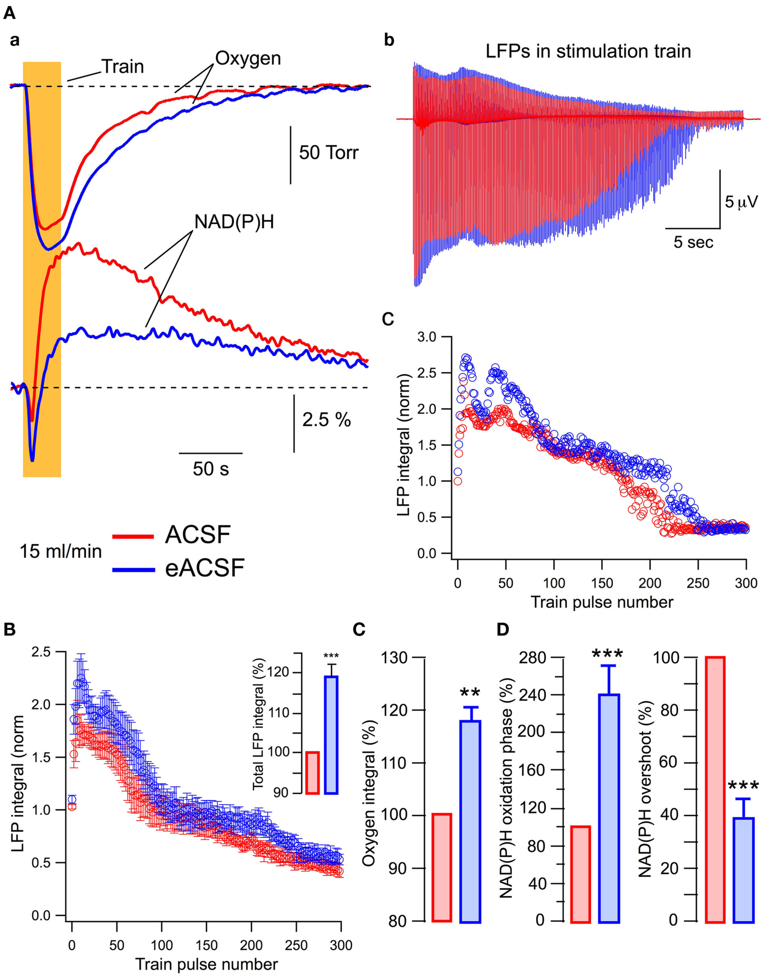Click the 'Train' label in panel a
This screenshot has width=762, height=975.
coord(123,67)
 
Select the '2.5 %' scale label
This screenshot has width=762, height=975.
coord(327,420)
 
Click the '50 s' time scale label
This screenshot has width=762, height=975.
coord(211,469)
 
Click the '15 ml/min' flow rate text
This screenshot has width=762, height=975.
coord(60,552)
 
